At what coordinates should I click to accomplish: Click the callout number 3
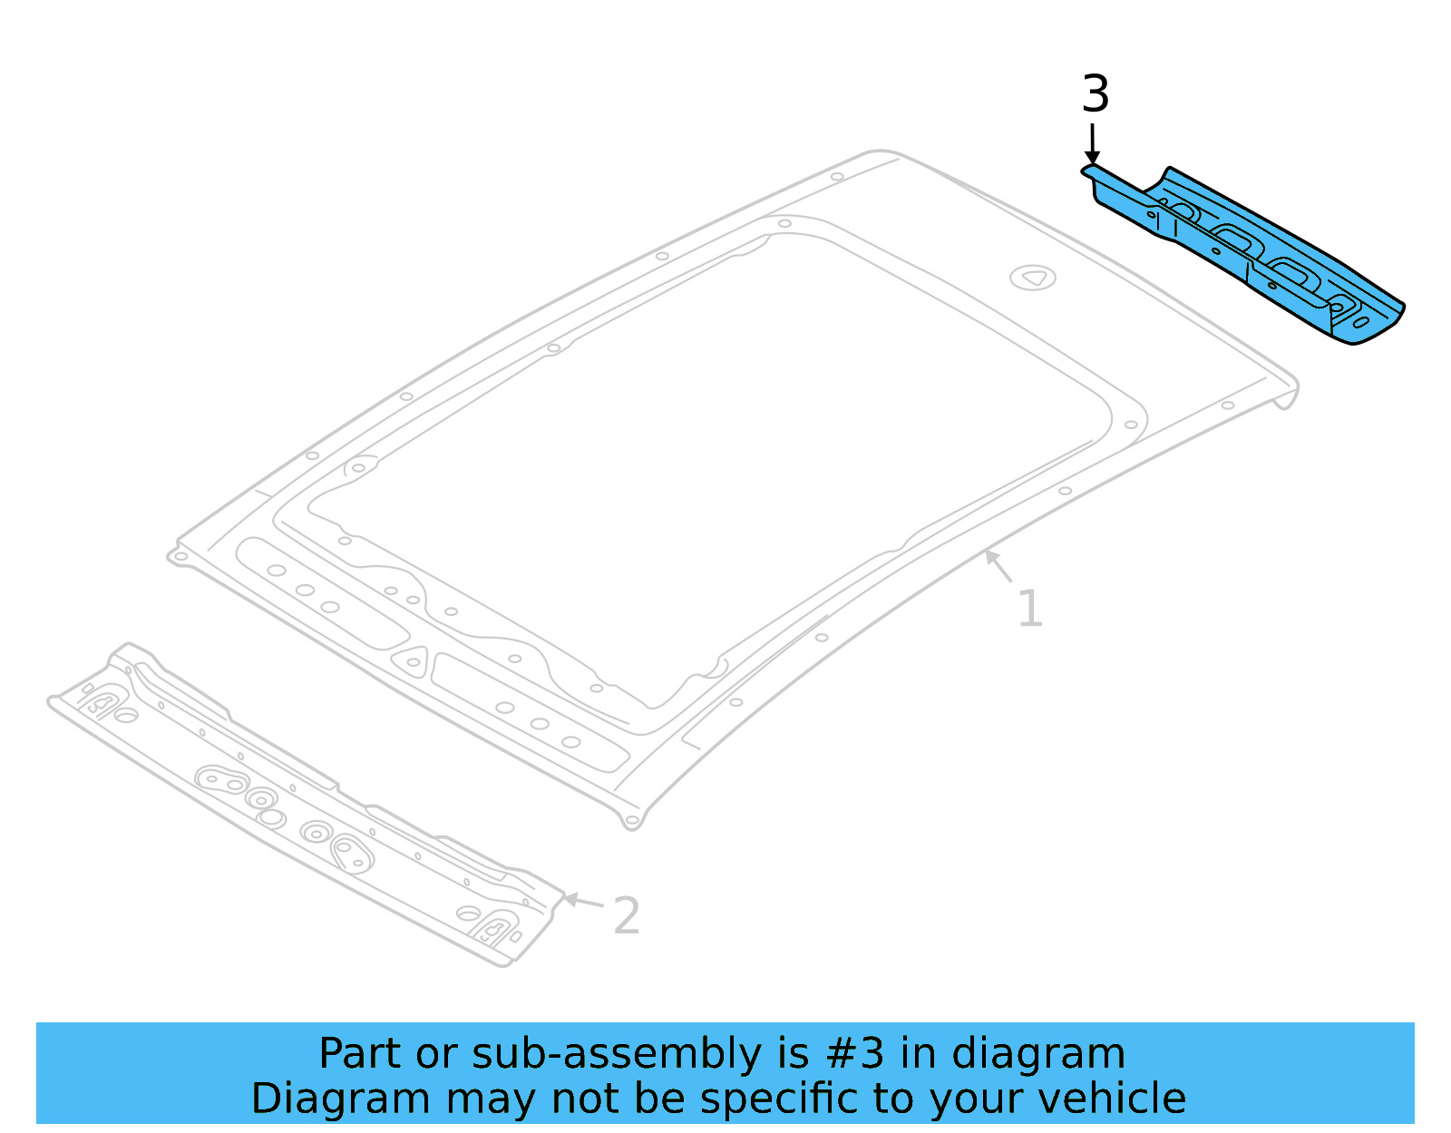1096,95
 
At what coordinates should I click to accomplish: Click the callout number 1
1029,609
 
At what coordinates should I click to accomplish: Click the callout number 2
626,916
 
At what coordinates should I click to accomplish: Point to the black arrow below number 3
1093,145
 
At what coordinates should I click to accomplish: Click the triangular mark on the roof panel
1033,278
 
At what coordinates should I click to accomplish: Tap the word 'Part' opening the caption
360,1054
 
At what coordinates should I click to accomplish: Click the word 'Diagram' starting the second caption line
340,1099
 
